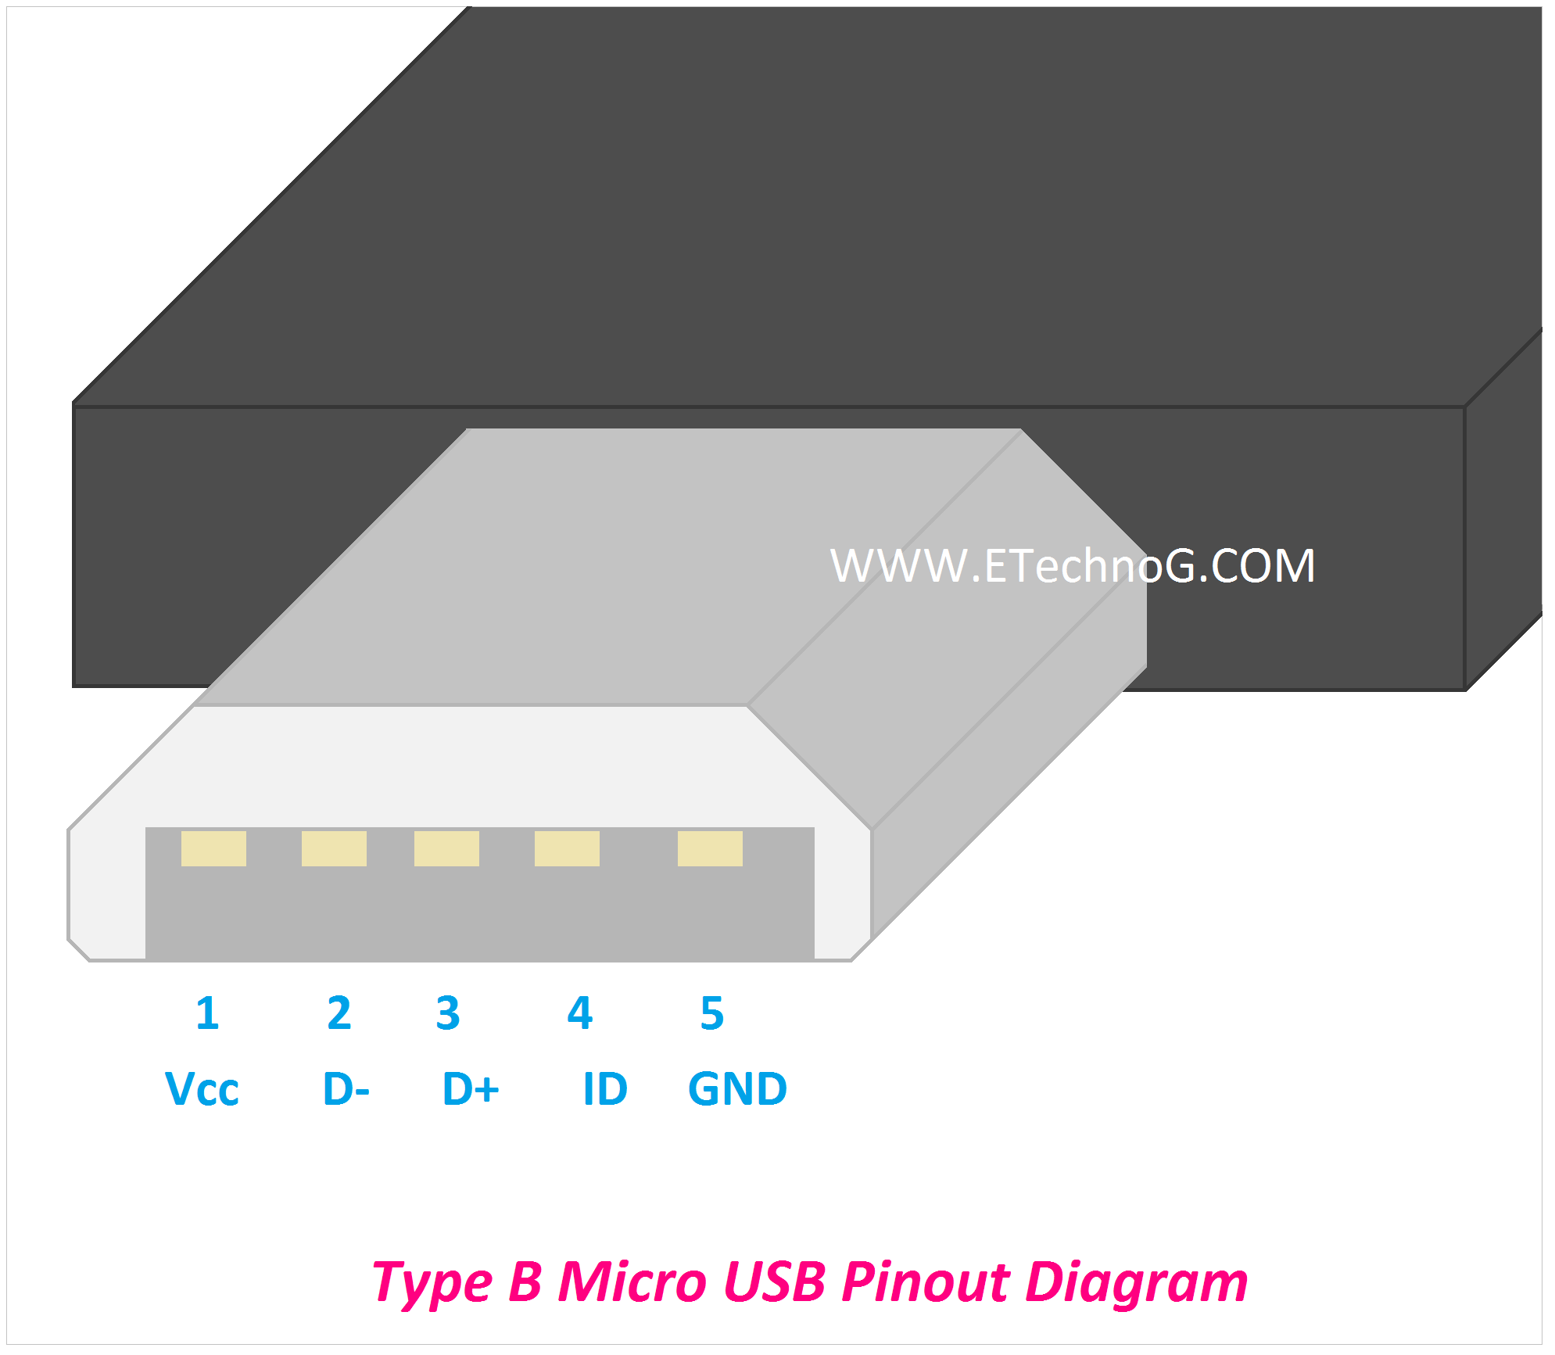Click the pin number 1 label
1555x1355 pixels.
[x=207, y=1013]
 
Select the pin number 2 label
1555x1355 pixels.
[x=339, y=1013]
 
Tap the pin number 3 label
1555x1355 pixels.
[x=448, y=1013]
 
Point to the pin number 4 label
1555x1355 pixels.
[x=580, y=1013]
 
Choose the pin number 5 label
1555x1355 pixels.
[x=712, y=1013]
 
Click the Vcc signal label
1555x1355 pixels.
[x=202, y=1088]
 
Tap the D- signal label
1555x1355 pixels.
[x=346, y=1088]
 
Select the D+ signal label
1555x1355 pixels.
[x=471, y=1088]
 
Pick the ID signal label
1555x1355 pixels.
[x=605, y=1088]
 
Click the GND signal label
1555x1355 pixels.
[x=737, y=1088]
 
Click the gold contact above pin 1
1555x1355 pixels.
[x=213, y=848]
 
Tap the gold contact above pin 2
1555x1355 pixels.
[x=334, y=848]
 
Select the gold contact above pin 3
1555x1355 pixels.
[x=446, y=848]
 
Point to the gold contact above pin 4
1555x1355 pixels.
[x=567, y=848]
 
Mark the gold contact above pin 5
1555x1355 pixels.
[x=710, y=848]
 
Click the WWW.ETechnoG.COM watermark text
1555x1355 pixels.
[x=1072, y=565]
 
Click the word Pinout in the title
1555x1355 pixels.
[x=925, y=1283]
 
